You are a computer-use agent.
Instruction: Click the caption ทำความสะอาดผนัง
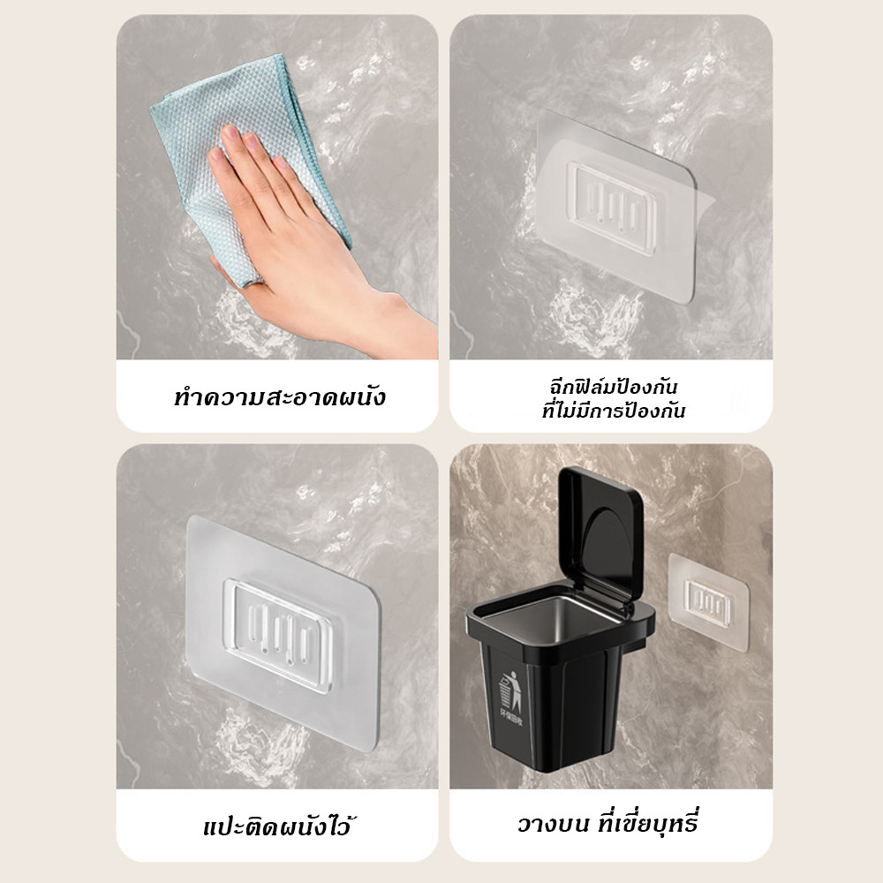[x=280, y=397]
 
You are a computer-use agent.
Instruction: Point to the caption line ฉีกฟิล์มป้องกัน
[x=614, y=387]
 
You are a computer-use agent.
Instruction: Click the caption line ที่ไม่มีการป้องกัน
[x=614, y=411]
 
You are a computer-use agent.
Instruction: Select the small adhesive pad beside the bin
[x=708, y=602]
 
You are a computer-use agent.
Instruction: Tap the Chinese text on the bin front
[x=511, y=719]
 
